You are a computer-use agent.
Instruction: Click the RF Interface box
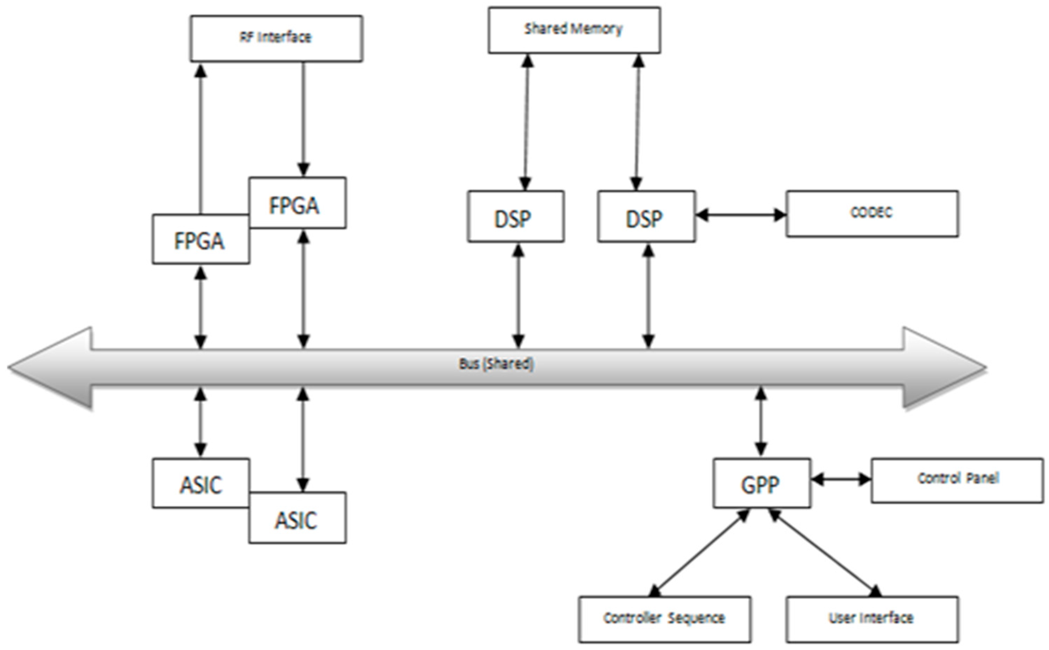click(276, 38)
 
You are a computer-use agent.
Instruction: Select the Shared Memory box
click(574, 30)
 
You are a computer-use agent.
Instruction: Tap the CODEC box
click(872, 213)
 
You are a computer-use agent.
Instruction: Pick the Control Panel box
click(957, 480)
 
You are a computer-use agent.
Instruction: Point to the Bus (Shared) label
click(496, 364)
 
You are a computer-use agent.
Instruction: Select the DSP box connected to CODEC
click(646, 217)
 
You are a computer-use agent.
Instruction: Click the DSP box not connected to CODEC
click(515, 217)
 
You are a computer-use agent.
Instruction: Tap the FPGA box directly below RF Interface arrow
click(297, 203)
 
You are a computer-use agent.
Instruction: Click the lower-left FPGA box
click(200, 240)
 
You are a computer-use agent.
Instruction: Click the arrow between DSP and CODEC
click(741, 215)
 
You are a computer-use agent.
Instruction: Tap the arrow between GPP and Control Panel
click(841, 479)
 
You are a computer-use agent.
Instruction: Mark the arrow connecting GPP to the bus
click(761, 421)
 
